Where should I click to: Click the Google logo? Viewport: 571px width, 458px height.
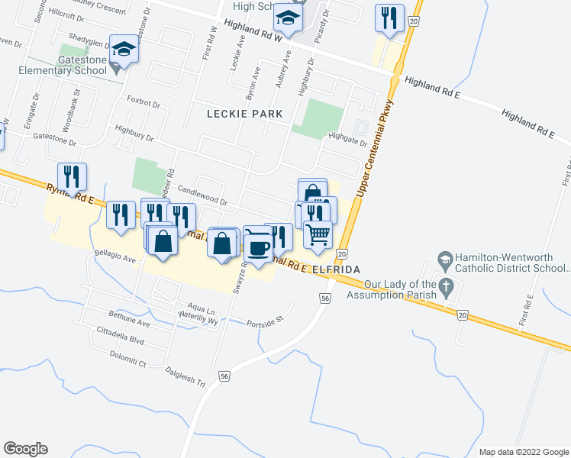pyautogui.click(x=25, y=449)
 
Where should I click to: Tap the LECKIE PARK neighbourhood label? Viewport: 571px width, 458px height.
pyautogui.click(x=245, y=114)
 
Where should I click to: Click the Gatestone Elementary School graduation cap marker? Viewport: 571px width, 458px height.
pyautogui.click(x=123, y=50)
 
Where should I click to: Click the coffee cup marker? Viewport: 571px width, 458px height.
pyautogui.click(x=258, y=246)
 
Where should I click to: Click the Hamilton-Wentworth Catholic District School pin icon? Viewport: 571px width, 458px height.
pyautogui.click(x=444, y=260)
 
